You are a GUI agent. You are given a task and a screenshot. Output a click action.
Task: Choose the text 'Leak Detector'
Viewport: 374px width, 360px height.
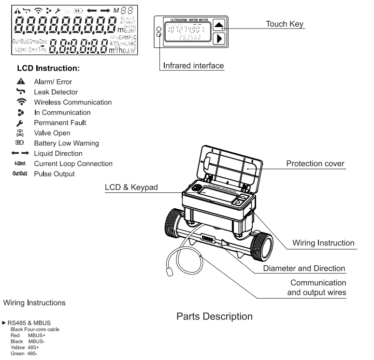pyautogui.click(x=56, y=92)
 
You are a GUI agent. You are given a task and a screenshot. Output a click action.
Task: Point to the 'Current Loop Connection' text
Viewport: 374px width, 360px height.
pyautogui.click(x=73, y=164)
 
